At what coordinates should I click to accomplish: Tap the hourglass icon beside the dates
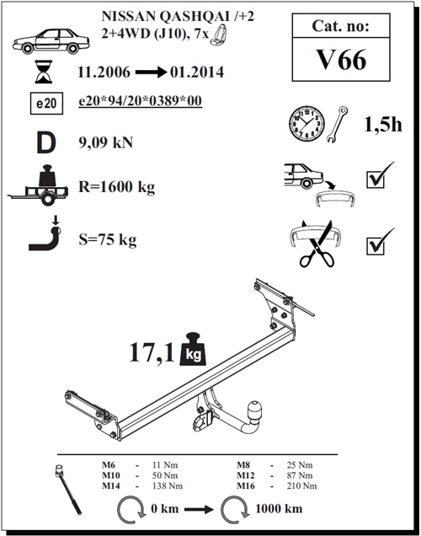41,72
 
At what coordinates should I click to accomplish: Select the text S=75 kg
105,239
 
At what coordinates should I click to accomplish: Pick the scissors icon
317,244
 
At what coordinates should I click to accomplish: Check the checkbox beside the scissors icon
376,244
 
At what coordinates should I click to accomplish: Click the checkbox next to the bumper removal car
376,179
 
